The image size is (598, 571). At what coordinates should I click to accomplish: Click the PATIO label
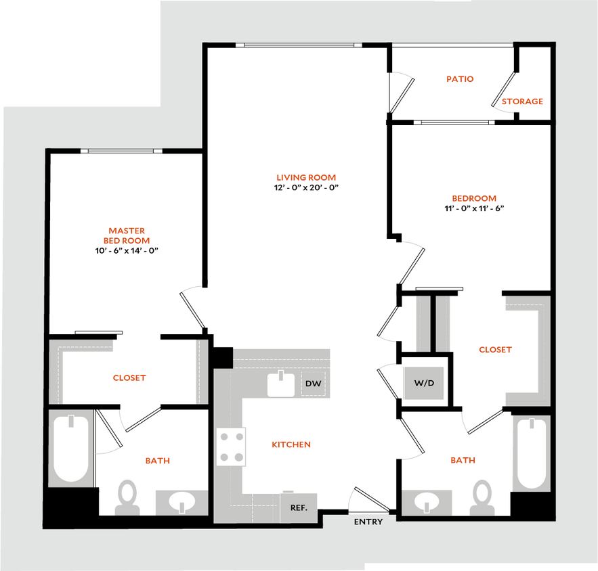(x=461, y=79)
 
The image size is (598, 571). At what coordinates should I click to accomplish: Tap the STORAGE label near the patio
(x=523, y=102)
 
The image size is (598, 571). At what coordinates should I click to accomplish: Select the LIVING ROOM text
(x=305, y=178)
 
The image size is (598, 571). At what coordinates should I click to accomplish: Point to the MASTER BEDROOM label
(x=127, y=235)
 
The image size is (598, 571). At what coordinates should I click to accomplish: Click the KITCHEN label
(x=291, y=444)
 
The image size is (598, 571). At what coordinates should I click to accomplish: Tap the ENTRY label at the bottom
(x=368, y=522)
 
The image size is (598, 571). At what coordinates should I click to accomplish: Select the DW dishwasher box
(x=313, y=384)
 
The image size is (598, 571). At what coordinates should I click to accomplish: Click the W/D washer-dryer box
(x=424, y=383)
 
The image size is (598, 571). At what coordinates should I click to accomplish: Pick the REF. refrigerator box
(x=299, y=507)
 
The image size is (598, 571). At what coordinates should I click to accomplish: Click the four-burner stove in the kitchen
(x=230, y=447)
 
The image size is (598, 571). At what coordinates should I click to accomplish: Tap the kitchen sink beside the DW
(x=280, y=384)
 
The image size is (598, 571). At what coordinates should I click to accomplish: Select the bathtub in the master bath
(x=70, y=447)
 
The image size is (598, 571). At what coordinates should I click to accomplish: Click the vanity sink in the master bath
(x=181, y=502)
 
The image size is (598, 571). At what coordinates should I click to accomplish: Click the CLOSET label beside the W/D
(x=495, y=350)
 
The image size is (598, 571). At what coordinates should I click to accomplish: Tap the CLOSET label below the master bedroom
(x=129, y=378)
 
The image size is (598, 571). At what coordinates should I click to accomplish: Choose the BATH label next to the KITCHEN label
(x=463, y=460)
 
